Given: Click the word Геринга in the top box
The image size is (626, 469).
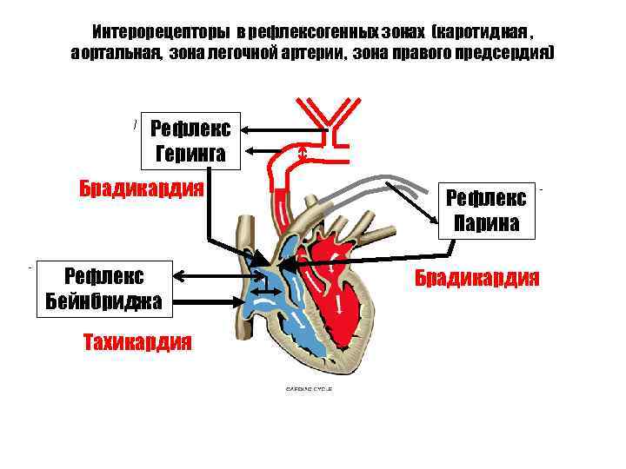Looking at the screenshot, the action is click(x=190, y=155).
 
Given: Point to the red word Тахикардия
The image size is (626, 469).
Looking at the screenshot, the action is click(x=137, y=340).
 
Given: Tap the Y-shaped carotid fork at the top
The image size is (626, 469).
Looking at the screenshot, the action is click(x=329, y=114).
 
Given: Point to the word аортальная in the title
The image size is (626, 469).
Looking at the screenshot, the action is click(x=116, y=53).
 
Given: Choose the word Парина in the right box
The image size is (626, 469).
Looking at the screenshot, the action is click(x=486, y=223).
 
